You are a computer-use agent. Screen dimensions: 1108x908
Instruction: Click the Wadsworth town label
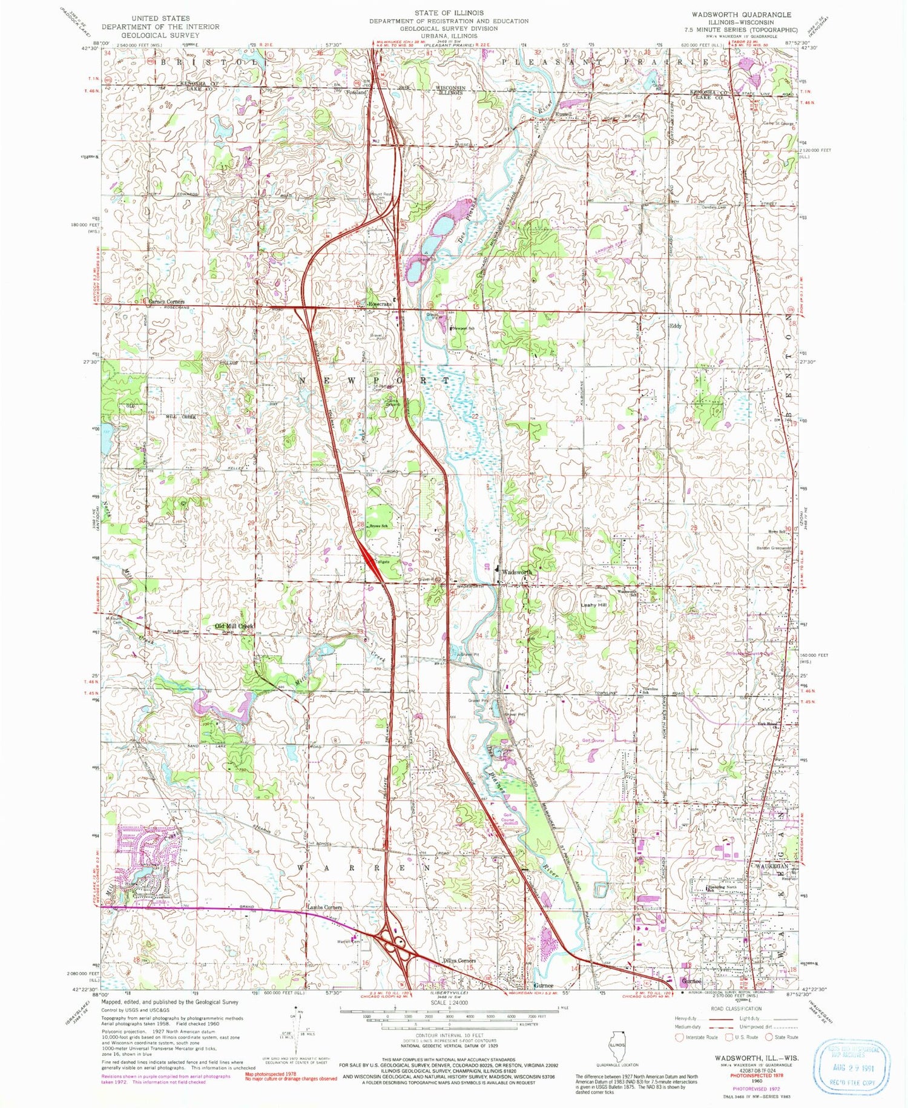[518, 572]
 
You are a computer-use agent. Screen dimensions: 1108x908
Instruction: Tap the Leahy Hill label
[593, 605]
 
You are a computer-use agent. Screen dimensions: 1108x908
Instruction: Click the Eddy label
[675, 326]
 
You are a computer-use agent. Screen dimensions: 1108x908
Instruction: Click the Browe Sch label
[378, 526]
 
